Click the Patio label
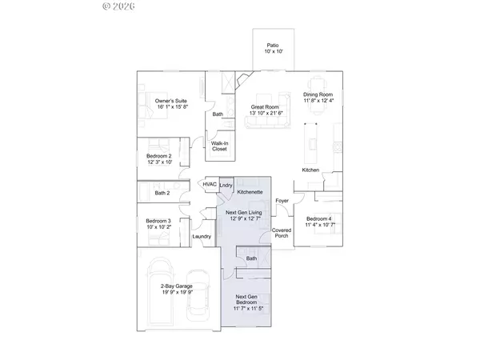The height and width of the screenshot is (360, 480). coord(273,48)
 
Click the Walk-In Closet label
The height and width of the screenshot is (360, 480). coord(219,146)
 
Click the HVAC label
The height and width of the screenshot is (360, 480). coord(210,185)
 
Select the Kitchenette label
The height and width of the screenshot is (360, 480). coord(250,193)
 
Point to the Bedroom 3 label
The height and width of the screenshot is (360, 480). coord(163,223)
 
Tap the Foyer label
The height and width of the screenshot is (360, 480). coord(282,201)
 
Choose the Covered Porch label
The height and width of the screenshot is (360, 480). coord(282,233)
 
